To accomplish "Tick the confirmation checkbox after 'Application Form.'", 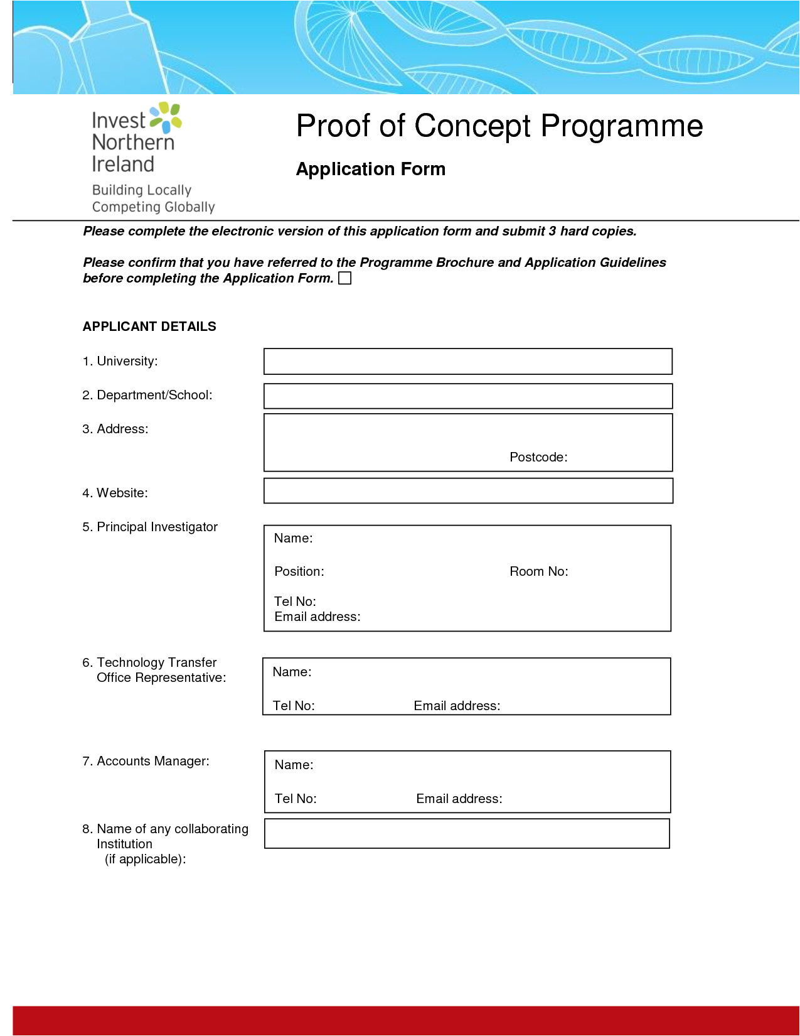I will [344, 278].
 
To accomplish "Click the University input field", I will [467, 362].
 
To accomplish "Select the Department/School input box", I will [467, 396].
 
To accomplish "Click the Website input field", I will [467, 491].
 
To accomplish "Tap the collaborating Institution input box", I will [467, 834].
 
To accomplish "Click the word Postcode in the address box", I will [538, 458].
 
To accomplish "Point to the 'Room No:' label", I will [538, 572].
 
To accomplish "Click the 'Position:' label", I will [299, 572].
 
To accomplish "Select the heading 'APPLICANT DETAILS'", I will [149, 326].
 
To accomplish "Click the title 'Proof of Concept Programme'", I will [499, 126].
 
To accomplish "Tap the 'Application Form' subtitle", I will [370, 170].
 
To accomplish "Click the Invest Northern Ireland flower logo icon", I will [167, 117].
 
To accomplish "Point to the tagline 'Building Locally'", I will [141, 190].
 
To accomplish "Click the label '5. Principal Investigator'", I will [150, 527].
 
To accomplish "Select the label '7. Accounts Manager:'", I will [146, 762].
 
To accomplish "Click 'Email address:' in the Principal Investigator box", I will [317, 617].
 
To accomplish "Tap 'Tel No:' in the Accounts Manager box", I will [295, 799].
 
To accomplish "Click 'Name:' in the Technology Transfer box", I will [292, 672].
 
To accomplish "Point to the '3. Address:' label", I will [115, 429].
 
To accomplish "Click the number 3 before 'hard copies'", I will [552, 232].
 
